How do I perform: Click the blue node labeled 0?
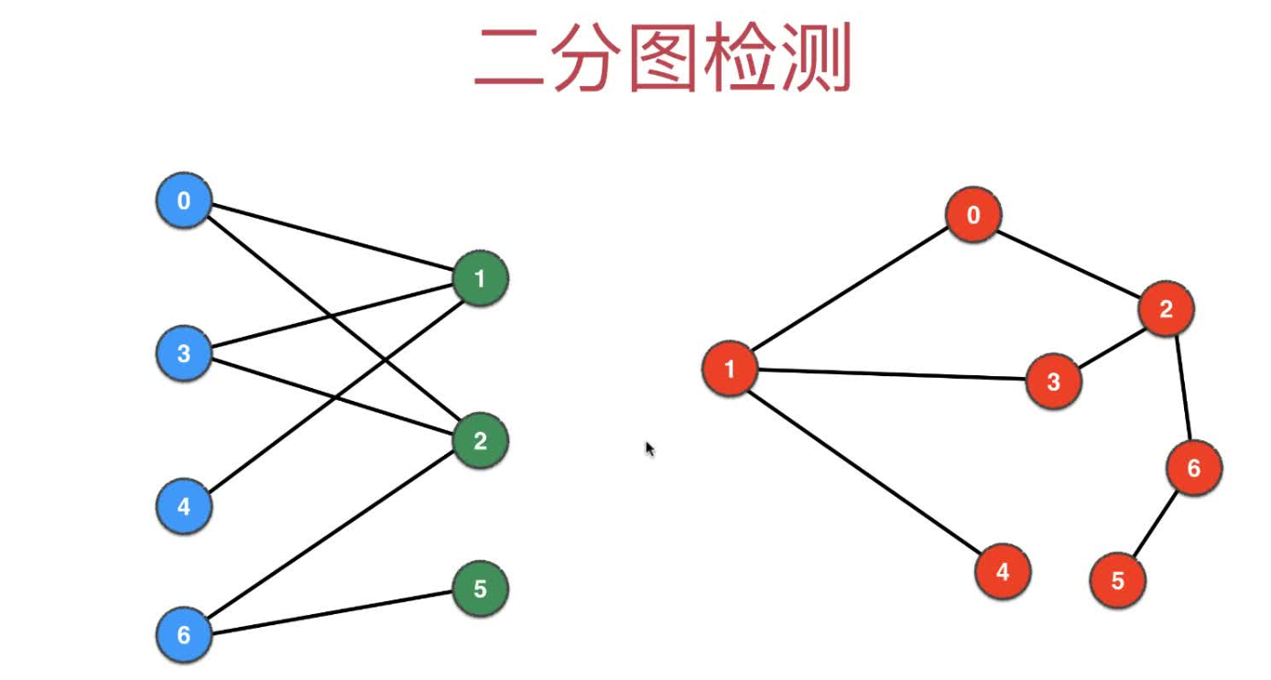[184, 200]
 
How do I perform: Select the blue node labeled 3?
[184, 353]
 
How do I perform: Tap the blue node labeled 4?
[184, 506]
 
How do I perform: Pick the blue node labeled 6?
[184, 634]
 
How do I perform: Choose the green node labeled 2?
[480, 442]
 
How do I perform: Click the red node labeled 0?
[973, 216]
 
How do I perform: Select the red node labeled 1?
[730, 370]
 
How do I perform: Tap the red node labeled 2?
[1167, 309]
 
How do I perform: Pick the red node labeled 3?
[1053, 381]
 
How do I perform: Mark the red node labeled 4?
[1003, 572]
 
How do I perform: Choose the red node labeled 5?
[1118, 580]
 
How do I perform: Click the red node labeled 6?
[1193, 469]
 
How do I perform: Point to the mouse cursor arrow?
[649, 448]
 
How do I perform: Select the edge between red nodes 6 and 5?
[1156, 524]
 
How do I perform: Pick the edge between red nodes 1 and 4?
[866, 470]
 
